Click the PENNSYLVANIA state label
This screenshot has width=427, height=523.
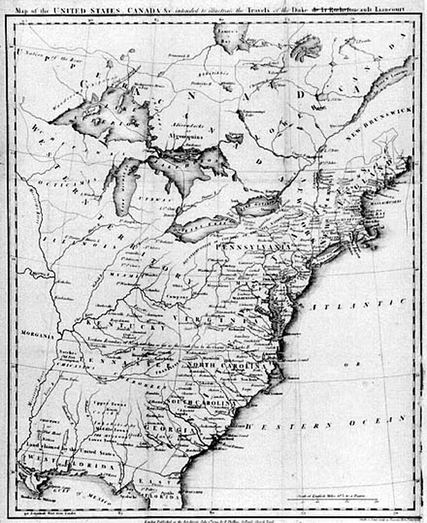253,247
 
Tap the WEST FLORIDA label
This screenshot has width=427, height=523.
71,463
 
